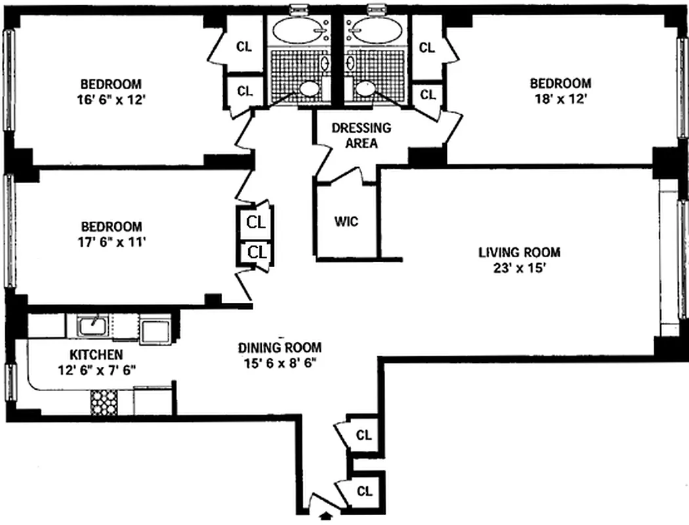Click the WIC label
[346, 222]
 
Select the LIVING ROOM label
[519, 252]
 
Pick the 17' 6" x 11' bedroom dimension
[110, 241]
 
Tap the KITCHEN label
[96, 354]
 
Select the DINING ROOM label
[280, 348]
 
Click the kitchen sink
[93, 325]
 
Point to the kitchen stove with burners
[102, 402]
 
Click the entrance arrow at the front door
[323, 516]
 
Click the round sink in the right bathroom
[364, 89]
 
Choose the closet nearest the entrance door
[363, 490]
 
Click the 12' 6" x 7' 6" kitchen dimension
[96, 369]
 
